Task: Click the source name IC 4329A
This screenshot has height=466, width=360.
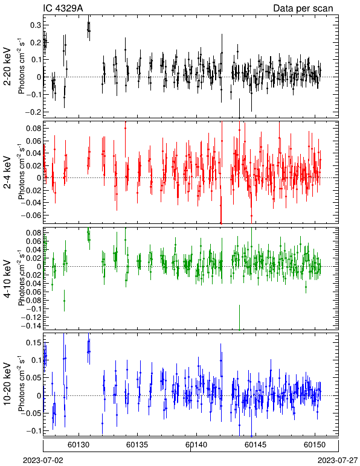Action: tap(63, 8)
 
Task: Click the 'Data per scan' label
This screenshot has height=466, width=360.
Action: tap(303, 8)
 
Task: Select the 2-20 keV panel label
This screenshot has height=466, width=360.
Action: tap(7, 66)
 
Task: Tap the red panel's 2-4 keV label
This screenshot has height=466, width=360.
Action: tap(7, 173)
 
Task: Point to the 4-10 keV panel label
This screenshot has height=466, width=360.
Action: tap(7, 279)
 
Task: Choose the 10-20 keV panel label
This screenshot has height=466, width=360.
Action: tap(7, 384)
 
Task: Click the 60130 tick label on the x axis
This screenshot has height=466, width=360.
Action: tap(79, 445)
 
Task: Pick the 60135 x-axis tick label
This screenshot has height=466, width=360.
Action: tap(137, 445)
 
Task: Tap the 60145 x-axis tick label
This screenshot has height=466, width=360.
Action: tap(256, 445)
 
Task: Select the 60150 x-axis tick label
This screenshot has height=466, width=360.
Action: tap(315, 445)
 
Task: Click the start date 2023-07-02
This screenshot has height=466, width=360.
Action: tap(43, 461)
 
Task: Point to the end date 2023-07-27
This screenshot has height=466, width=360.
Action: tap(338, 461)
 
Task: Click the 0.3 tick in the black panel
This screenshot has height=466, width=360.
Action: tap(36, 25)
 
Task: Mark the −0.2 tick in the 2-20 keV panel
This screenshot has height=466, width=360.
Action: tap(34, 112)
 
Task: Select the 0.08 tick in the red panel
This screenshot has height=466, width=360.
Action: tap(34, 129)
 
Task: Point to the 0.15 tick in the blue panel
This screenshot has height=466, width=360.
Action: tap(34, 343)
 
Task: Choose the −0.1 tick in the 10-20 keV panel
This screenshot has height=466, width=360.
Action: tap(34, 430)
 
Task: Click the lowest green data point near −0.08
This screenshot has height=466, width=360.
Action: tap(64, 301)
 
